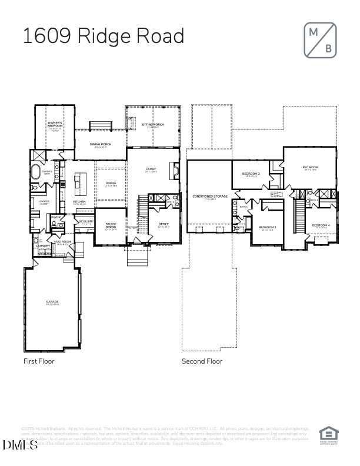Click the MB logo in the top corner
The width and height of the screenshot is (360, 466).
tap(321, 41)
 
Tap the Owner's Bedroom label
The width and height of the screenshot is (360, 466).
tap(55, 125)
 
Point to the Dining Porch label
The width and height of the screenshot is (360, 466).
tap(101, 144)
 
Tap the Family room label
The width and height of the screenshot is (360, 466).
tap(151, 169)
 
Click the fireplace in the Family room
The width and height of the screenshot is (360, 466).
tap(174, 171)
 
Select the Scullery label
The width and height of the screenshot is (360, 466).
tap(86, 222)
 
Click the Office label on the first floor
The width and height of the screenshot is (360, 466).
tap(164, 224)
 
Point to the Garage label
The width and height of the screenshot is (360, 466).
tap(52, 302)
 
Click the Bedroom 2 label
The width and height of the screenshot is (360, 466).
tap(251, 174)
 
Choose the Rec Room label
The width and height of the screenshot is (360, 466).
tap(309, 167)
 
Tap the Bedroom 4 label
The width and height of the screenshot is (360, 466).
tap(321, 225)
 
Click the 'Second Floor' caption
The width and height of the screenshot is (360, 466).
tap(202, 361)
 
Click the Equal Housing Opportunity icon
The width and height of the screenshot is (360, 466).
tap(328, 434)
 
